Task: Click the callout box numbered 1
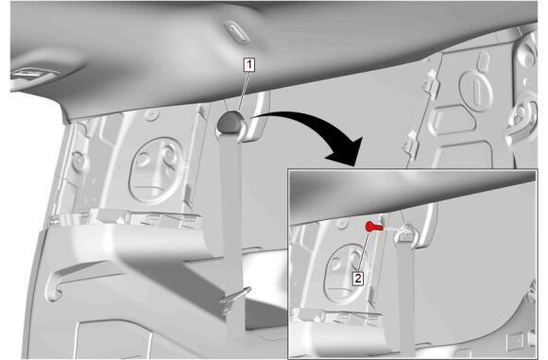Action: tap(249, 64)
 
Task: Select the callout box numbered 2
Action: tap(358, 279)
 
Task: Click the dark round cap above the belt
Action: tap(230, 121)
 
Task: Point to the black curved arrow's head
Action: tap(346, 152)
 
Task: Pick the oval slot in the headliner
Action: tap(236, 32)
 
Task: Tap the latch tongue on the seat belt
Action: tap(234, 297)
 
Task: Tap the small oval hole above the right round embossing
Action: tap(485, 60)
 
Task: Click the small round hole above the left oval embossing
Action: tap(151, 114)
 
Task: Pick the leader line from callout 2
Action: tap(364, 251)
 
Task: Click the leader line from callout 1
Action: tap(243, 91)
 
